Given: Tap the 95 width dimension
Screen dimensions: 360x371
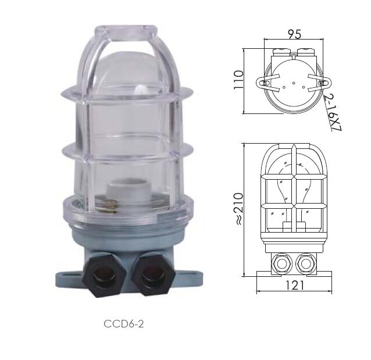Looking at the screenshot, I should [294, 34].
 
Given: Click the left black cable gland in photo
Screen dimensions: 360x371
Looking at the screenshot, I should [104, 275].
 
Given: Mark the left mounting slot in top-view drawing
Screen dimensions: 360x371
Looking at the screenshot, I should [265, 83].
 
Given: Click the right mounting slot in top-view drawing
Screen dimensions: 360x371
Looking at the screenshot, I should [322, 83].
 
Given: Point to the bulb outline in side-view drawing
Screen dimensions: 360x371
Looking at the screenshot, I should [294, 186].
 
